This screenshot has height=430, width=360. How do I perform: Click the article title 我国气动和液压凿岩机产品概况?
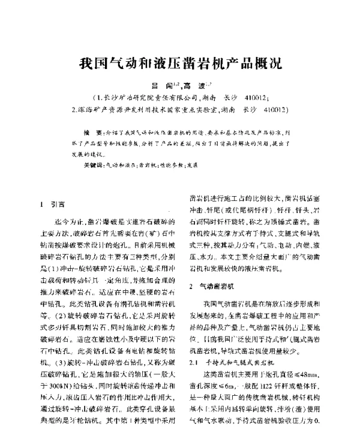[180, 62]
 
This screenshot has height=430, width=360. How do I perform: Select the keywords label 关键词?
[93, 164]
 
